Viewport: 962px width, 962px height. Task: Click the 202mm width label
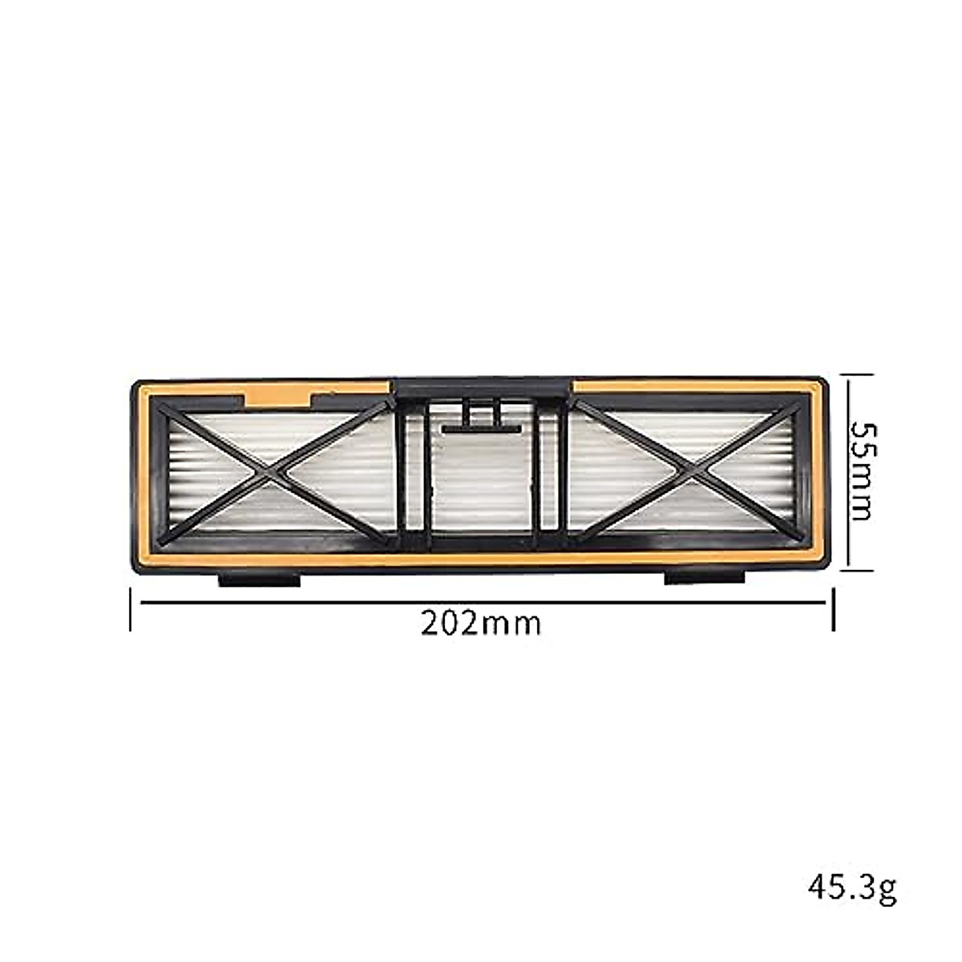pyautogui.click(x=481, y=623)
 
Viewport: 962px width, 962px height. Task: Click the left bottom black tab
pyautogui.click(x=259, y=578)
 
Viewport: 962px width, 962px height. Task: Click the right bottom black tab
pyautogui.click(x=705, y=577)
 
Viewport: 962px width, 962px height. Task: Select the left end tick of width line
pyautogui.click(x=131, y=609)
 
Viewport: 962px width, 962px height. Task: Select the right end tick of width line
pyautogui.click(x=834, y=609)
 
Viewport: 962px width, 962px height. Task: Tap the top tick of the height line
pyautogui.click(x=856, y=373)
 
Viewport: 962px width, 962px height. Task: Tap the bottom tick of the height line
pyautogui.click(x=856, y=571)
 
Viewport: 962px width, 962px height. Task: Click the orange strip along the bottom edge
pyautogui.click(x=481, y=559)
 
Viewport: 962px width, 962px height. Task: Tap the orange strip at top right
pyautogui.click(x=689, y=386)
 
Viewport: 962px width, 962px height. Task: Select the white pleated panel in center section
pyautogui.click(x=481, y=481)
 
